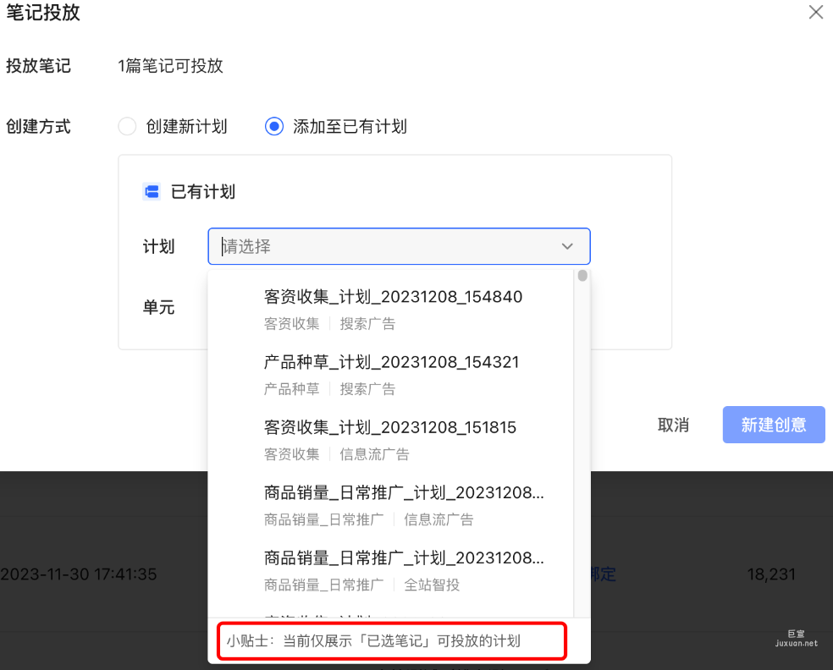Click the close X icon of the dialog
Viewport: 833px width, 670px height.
pos(815,12)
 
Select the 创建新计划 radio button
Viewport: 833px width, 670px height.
pos(127,127)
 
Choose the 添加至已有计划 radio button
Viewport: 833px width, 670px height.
pos(273,127)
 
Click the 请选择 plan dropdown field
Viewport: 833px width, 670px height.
pos(385,246)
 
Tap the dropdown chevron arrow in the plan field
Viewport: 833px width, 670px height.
pos(567,246)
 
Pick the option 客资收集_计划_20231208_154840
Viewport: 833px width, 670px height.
pos(393,297)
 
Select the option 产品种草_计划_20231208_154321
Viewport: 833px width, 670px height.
pos(391,362)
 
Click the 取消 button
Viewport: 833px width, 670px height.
pos(673,425)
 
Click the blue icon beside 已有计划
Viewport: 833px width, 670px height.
pos(152,192)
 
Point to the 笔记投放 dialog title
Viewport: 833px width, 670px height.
pos(43,12)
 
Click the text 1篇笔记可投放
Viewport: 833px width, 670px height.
pos(170,66)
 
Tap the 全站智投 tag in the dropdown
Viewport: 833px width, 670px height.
pos(432,585)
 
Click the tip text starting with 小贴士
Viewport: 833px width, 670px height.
pos(372,641)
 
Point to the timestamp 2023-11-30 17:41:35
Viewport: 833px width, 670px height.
pos(79,574)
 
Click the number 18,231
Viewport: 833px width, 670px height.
pos(771,574)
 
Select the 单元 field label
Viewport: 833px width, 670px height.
pos(158,307)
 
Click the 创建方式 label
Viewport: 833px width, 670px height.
pos(38,127)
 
